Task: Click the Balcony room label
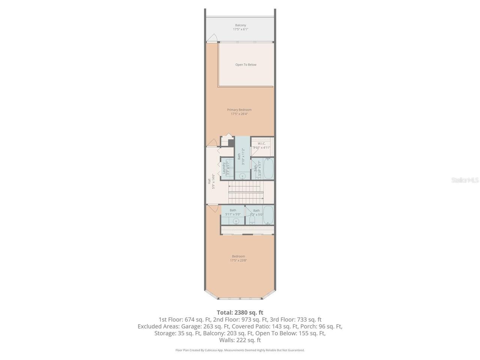coord(240,25)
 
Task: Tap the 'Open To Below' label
coord(246,64)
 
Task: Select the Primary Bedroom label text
coord(239,110)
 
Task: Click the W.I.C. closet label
coord(261,144)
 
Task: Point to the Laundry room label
coord(224,168)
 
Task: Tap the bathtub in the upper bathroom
coord(268,168)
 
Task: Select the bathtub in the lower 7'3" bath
coord(268,214)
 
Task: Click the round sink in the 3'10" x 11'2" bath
coord(242,175)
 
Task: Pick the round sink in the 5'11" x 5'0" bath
coord(236,220)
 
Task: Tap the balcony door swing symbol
coord(213,38)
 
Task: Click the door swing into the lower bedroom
coord(213,208)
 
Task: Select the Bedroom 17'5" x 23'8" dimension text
coord(238,260)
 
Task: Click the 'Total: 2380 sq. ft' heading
coord(240,312)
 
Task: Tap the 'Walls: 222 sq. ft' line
coord(240,340)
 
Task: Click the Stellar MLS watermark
coord(465,180)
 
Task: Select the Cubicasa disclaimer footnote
coord(240,350)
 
